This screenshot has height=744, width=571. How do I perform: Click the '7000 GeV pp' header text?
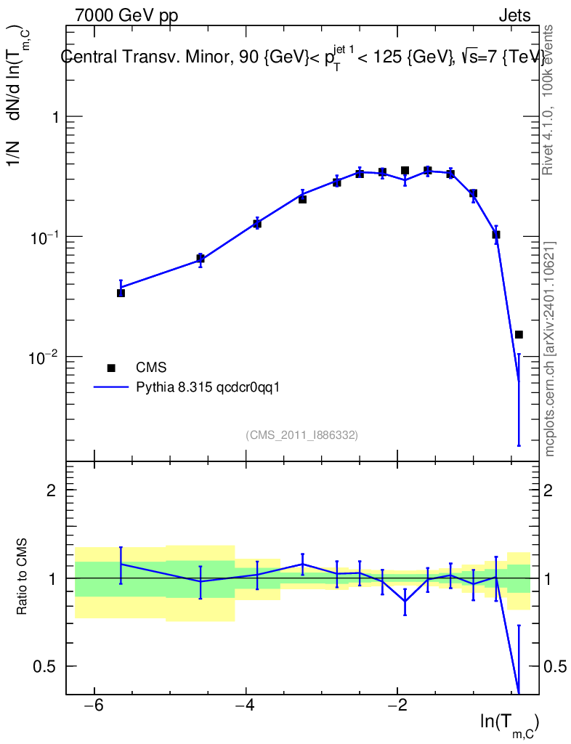pos(126,16)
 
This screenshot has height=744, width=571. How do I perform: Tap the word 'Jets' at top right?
pos(514,16)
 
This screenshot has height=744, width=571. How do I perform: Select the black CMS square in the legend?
pos(111,368)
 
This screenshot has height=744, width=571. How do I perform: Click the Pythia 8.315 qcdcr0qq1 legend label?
pos(208,388)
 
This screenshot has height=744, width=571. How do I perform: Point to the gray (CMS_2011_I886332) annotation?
pos(301,435)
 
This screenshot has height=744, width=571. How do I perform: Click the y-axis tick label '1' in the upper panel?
pos(55,117)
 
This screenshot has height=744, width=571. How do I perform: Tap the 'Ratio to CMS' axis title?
pos(22,576)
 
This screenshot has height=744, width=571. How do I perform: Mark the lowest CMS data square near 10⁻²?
pos(519,334)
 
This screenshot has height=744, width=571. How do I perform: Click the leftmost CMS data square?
pos(121,294)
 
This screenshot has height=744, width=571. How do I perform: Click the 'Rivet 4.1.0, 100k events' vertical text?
pos(548,100)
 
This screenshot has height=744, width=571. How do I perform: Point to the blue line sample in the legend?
pos(111,388)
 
